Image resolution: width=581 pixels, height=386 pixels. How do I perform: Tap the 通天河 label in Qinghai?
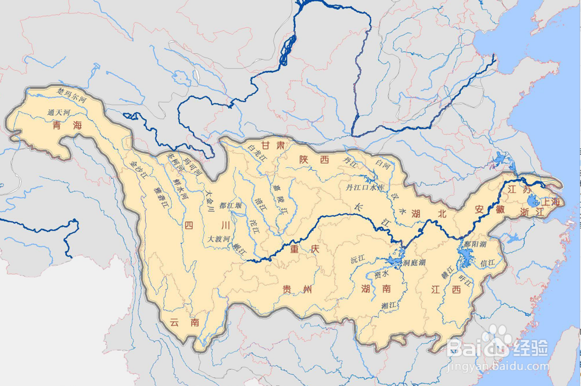coord(59,111)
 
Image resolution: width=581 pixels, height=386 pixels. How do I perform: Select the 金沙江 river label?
coord(139,169)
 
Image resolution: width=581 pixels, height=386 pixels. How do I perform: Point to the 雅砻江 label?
coord(159,197)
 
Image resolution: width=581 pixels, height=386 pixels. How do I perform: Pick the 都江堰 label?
coord(230,205)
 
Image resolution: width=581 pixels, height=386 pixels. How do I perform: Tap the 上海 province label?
coord(550,202)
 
